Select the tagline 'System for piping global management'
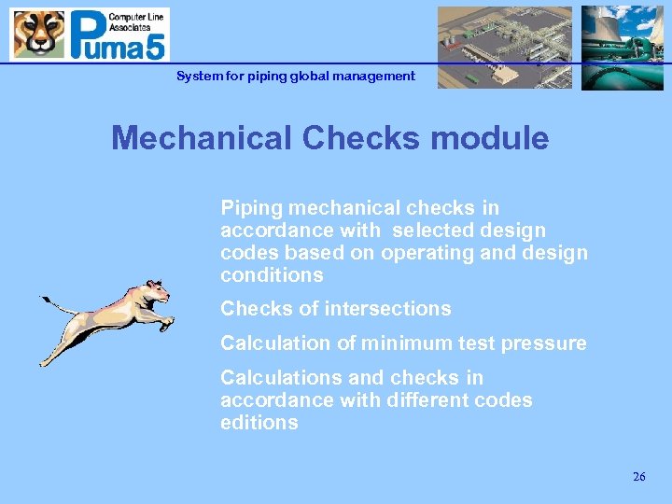point(296,77)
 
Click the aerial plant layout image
point(505,48)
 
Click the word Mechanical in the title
point(202,138)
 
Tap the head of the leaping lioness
point(156,292)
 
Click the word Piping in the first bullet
point(249,208)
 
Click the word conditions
point(272,275)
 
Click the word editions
point(259,423)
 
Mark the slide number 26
point(638,477)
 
